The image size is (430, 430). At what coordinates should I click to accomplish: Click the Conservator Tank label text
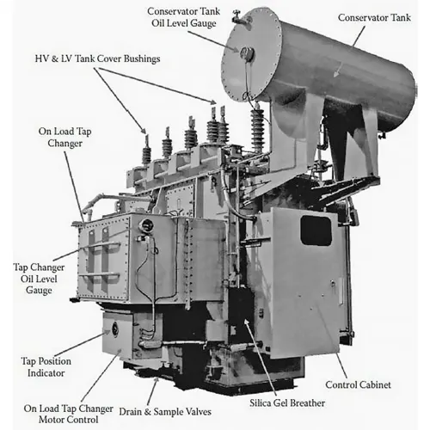[x=374, y=17]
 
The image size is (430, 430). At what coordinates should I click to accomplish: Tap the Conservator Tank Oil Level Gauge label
[x=183, y=17]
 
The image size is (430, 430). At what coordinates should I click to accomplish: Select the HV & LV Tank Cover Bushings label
[x=97, y=58]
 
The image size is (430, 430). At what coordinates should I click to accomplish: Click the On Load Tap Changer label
[x=65, y=137]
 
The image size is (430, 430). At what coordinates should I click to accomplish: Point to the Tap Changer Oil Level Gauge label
[x=39, y=279]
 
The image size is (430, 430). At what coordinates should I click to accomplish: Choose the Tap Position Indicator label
[x=46, y=367]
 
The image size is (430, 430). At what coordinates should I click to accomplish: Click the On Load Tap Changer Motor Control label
[x=69, y=414]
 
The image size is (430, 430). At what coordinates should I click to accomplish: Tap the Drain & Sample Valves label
[x=165, y=412]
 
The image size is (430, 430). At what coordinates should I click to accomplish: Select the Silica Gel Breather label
[x=287, y=403]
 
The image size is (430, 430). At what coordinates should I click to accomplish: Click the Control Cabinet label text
[x=358, y=384]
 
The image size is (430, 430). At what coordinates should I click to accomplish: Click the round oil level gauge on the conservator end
[x=247, y=54]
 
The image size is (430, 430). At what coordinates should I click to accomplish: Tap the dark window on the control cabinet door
[x=316, y=230]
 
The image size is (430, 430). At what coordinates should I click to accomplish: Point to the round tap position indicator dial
[x=115, y=329]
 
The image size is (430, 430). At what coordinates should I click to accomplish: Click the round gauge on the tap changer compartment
[x=146, y=225]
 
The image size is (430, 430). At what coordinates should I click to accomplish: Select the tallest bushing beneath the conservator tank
[x=257, y=127]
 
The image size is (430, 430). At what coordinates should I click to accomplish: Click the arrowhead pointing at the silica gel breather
[x=246, y=322]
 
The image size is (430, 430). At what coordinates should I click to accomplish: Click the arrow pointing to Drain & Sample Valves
[x=152, y=390]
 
